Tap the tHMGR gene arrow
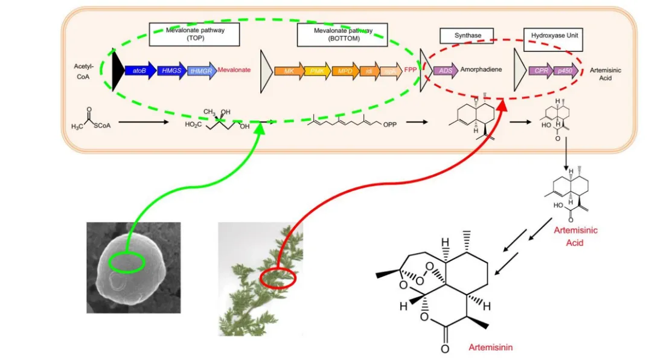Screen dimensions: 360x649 tap(202, 71)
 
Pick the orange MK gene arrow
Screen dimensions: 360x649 tap(289, 71)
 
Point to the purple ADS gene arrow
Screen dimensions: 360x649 tap(446, 70)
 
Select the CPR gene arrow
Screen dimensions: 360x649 tap(540, 71)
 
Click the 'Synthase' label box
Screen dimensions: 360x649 tap(467, 36)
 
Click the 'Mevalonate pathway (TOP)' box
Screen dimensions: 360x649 tap(194, 35)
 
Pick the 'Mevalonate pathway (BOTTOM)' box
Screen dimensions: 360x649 tap(341, 35)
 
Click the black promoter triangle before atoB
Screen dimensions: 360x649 tap(117, 71)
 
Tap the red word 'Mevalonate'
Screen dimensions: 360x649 tap(234, 71)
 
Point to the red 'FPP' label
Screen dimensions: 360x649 tap(411, 71)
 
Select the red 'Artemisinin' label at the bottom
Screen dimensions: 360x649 tap(490, 347)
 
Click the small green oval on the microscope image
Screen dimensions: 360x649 tap(126, 262)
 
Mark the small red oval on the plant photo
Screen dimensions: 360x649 tap(278, 279)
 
